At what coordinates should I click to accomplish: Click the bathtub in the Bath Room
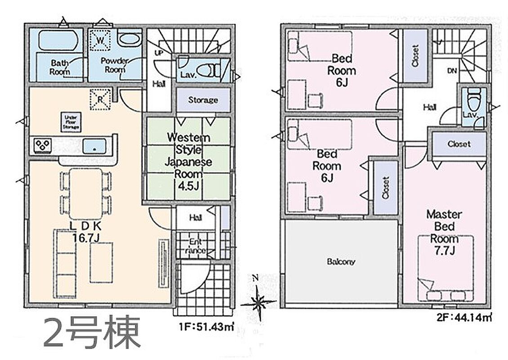[58, 40]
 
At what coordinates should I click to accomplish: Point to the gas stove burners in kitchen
[43, 145]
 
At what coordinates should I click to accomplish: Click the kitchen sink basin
[94, 146]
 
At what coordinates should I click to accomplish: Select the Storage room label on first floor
[203, 100]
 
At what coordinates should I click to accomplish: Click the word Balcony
[341, 262]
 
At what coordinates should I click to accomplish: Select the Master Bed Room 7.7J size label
[444, 250]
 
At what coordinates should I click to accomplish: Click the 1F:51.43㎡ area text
[206, 327]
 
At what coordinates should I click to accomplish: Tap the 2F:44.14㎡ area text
[464, 318]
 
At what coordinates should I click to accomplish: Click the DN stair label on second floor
[452, 70]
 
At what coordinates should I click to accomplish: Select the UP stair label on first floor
[158, 53]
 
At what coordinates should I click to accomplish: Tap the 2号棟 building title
[92, 333]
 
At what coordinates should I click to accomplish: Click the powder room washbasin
[129, 40]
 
